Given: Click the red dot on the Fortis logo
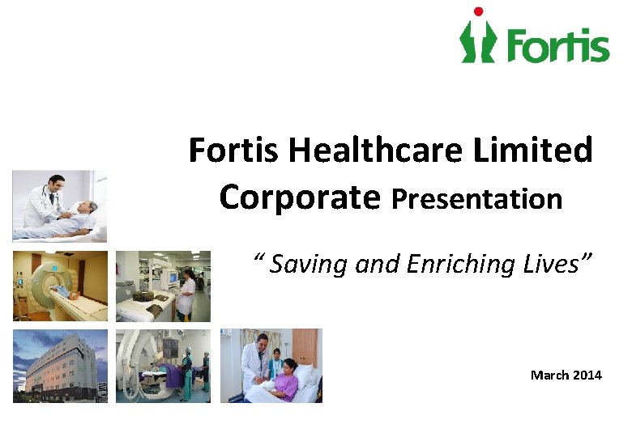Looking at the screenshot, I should [478, 12].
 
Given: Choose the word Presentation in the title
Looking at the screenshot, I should [476, 199].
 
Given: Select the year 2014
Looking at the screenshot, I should [587, 375].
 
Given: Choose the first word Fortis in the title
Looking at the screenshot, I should [235, 151].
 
